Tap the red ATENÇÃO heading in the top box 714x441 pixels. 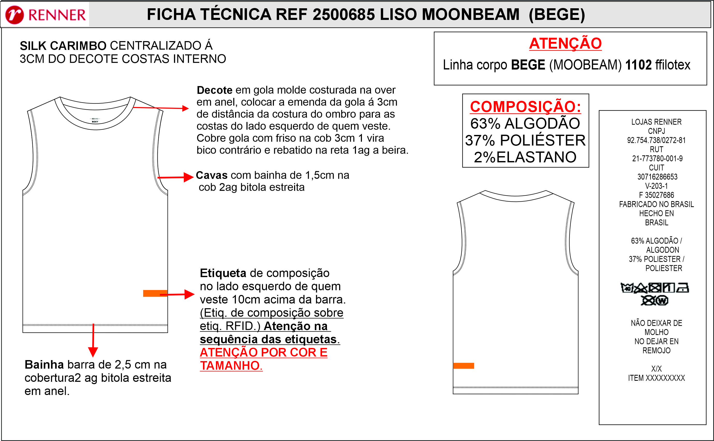(x=565, y=43)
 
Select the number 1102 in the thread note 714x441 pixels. (x=638, y=65)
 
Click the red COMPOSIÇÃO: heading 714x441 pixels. (x=525, y=107)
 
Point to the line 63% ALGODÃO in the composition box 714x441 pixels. (x=525, y=123)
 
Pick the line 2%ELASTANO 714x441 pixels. (x=525, y=157)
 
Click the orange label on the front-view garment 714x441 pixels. (x=155, y=293)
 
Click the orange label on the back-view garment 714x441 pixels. (x=463, y=366)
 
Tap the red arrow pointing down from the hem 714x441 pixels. (x=93, y=341)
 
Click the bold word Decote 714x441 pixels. (x=214, y=90)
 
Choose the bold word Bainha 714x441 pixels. (x=44, y=364)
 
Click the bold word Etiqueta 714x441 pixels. (x=223, y=273)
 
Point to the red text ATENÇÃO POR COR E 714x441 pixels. (x=263, y=352)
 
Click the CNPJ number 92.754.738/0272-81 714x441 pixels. (x=656, y=140)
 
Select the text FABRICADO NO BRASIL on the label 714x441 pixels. (x=656, y=204)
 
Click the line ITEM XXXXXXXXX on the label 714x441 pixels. (x=656, y=378)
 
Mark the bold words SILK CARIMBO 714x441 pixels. (x=63, y=46)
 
